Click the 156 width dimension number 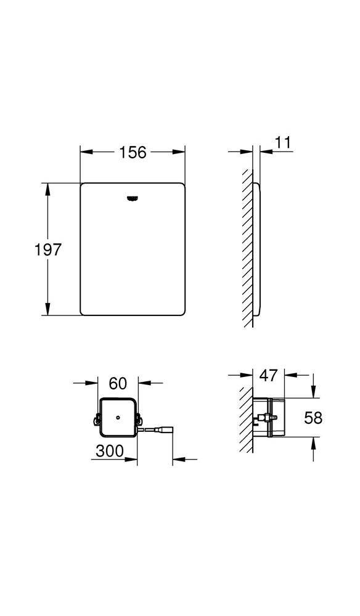pos(133,152)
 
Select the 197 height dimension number pos(48,249)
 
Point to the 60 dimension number pos(118,383)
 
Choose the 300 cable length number pos(110,451)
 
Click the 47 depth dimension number pos(269,376)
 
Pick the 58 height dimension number pos(313,418)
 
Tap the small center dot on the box pos(118,417)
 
